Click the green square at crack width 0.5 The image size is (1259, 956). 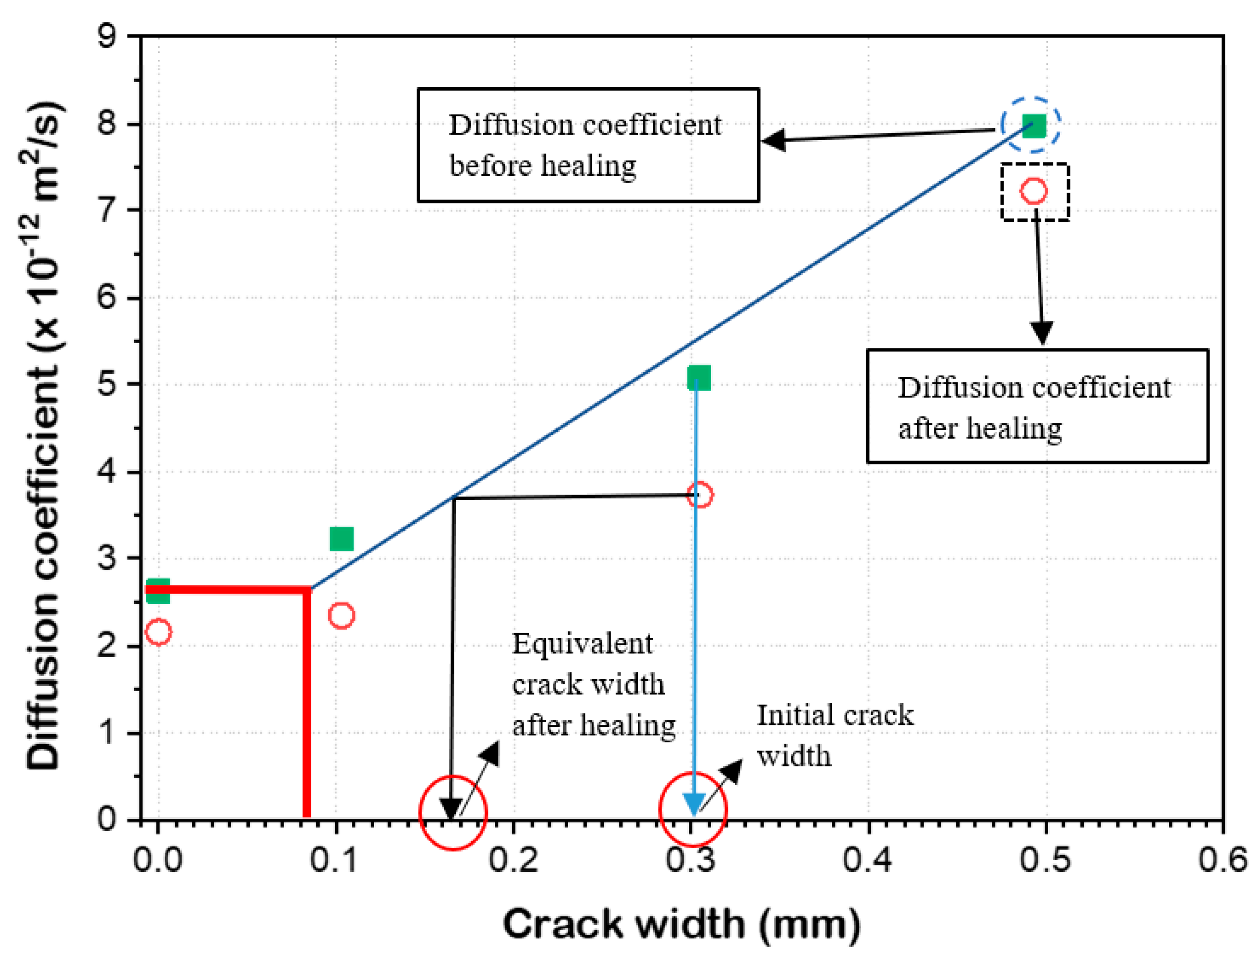[x=1034, y=126]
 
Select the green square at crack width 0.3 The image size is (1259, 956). [x=699, y=378]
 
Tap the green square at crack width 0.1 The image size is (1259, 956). [x=341, y=539]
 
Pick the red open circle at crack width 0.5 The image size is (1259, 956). [x=1034, y=191]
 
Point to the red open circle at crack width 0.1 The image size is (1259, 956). [x=341, y=615]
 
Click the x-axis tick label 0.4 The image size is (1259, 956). [x=869, y=860]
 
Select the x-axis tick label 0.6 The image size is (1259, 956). [x=1224, y=860]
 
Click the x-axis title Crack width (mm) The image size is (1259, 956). [x=681, y=925]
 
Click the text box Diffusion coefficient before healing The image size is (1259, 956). [x=588, y=145]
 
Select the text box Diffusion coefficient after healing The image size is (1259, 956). [x=1037, y=406]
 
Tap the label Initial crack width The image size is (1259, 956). [x=834, y=736]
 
